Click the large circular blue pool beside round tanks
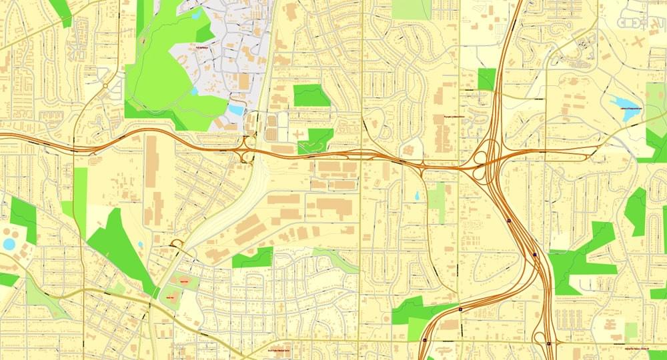click(x=9, y=244)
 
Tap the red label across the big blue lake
click(x=629, y=108)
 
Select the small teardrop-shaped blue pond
click(x=417, y=196)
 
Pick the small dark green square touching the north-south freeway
click(x=487, y=79)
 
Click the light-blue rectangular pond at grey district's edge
click(x=236, y=109)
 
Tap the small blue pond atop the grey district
click(x=196, y=13)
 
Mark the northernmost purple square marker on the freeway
click(x=509, y=219)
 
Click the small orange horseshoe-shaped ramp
click(x=177, y=243)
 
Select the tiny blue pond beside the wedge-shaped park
click(x=141, y=245)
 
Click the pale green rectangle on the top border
click(x=411, y=9)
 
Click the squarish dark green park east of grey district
click(x=311, y=95)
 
